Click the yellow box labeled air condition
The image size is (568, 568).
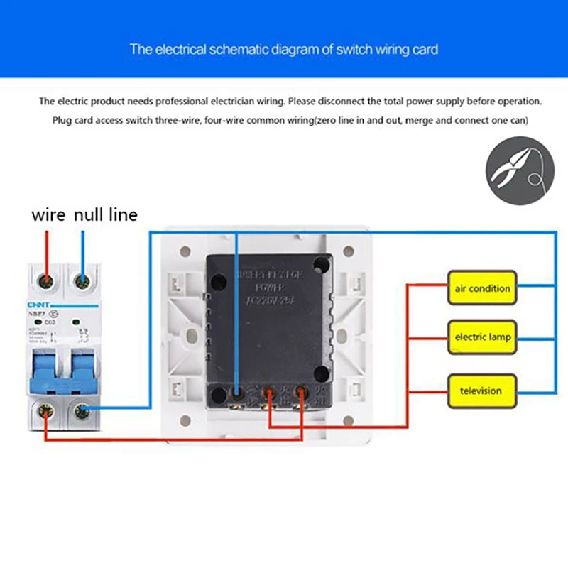tap(482, 288)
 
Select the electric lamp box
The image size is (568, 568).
tap(482, 337)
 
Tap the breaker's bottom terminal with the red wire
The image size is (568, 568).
tap(47, 410)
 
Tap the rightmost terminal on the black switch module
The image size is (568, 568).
tap(301, 392)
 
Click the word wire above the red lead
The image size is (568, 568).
tap(48, 214)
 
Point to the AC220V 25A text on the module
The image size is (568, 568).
tap(270, 300)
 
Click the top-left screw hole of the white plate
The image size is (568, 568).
tap(185, 251)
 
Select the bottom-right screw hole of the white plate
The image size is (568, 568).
tap(348, 418)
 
